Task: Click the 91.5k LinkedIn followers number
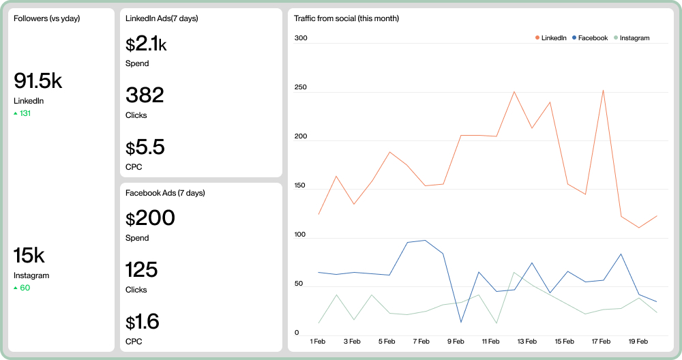(38, 81)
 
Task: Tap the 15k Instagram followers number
(29, 256)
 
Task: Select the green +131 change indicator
(23, 113)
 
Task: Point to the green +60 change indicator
(22, 288)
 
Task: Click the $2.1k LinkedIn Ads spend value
(146, 44)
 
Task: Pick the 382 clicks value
(145, 95)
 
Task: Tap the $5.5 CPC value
(145, 147)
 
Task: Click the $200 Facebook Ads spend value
(150, 218)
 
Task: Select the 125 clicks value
(141, 269)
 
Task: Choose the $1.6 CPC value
(143, 321)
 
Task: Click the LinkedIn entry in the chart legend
(551, 38)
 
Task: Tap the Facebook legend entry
(590, 38)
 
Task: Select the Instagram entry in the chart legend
(632, 38)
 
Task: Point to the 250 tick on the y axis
(301, 87)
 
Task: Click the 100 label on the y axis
(301, 235)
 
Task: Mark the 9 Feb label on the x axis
(456, 341)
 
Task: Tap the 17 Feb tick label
(600, 341)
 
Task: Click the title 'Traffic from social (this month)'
(346, 18)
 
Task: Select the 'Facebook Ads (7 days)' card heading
(165, 193)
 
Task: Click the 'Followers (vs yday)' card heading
(46, 18)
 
